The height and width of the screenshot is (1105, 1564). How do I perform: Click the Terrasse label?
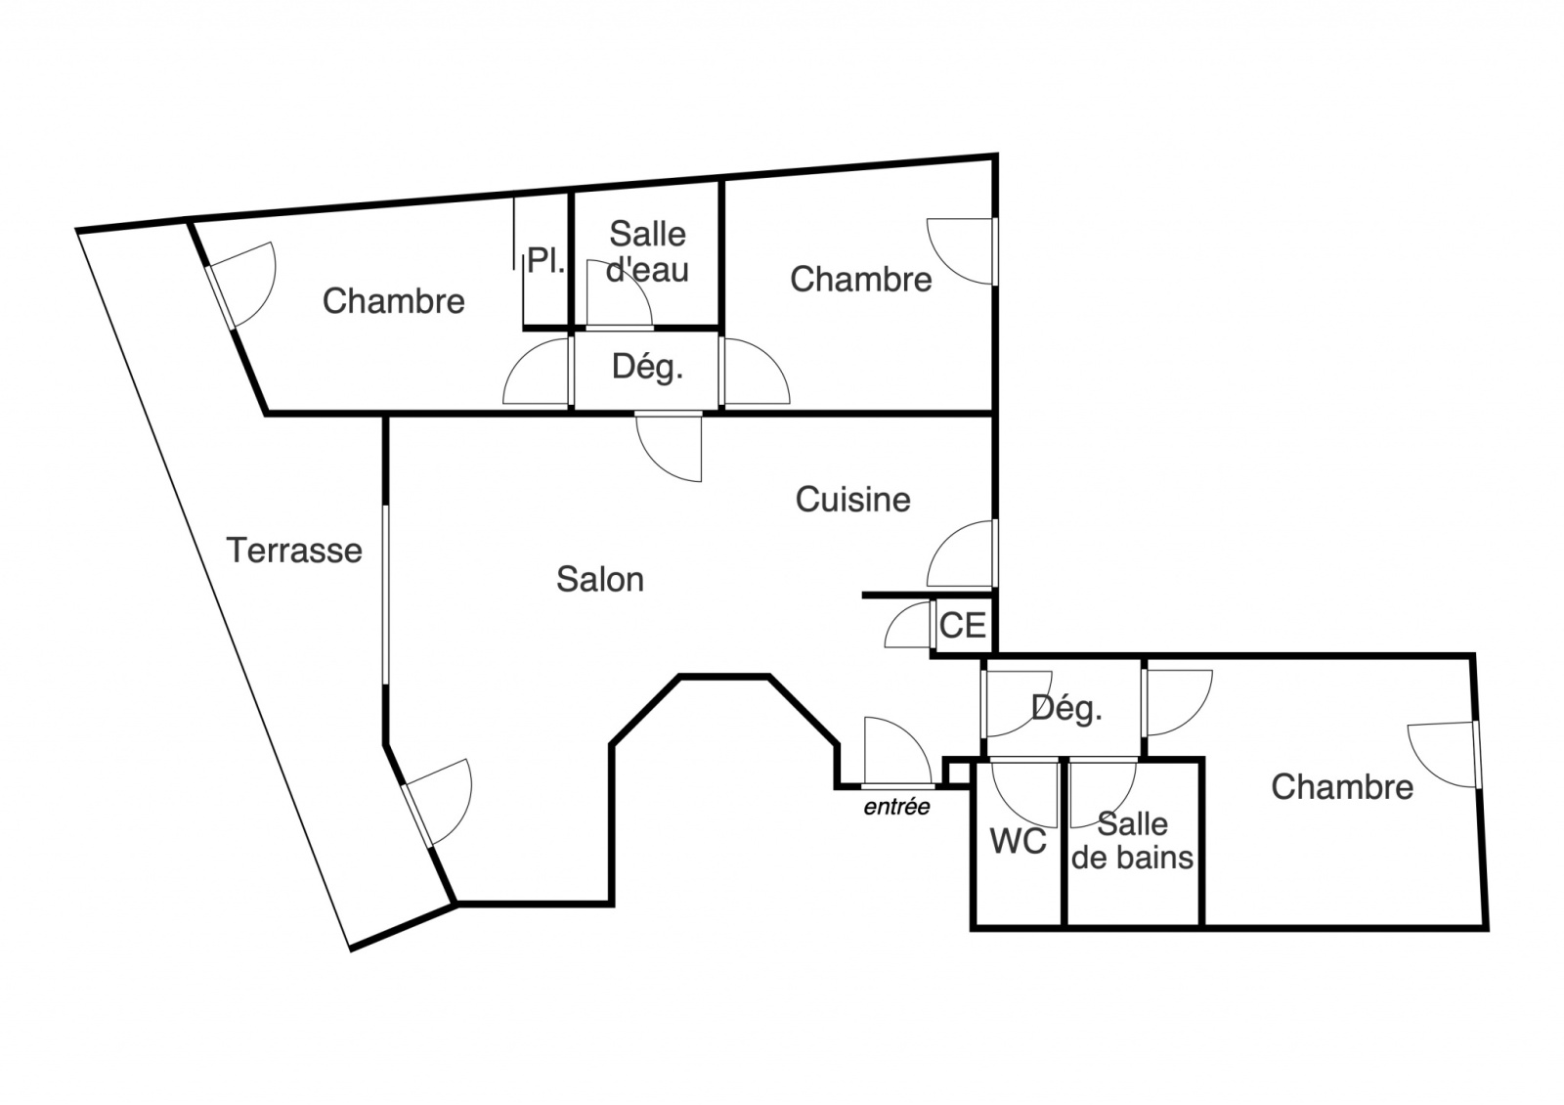(x=294, y=551)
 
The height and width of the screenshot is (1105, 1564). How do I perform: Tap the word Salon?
(x=600, y=580)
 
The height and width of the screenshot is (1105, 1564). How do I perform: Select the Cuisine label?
(x=852, y=500)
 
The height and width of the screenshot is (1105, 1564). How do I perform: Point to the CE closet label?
(x=962, y=625)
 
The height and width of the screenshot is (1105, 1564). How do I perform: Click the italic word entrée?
(x=896, y=807)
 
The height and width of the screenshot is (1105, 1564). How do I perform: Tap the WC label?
(x=1018, y=842)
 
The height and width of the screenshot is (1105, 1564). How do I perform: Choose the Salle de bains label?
(x=1132, y=841)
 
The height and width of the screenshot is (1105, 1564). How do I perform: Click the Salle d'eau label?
(x=647, y=251)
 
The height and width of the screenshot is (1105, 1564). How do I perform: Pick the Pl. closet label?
(x=546, y=260)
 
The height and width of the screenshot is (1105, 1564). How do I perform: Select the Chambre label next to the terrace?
(x=393, y=301)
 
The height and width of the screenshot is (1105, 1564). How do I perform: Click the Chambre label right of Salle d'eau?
(x=860, y=280)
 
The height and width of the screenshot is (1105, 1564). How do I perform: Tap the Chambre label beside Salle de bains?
(x=1342, y=787)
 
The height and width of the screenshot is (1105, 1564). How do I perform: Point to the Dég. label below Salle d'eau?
(x=647, y=367)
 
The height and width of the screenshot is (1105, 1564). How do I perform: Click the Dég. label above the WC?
(x=1066, y=709)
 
